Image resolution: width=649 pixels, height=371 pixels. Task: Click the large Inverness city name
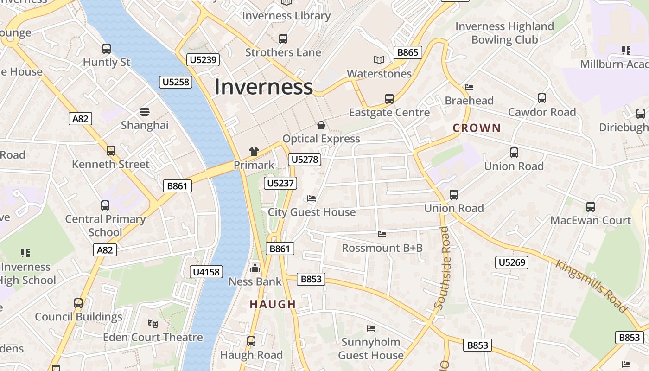point(263,87)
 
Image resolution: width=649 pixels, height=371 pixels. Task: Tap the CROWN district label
point(477,128)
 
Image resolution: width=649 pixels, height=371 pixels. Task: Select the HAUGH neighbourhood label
point(273,304)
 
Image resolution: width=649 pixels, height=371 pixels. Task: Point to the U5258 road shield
point(176,82)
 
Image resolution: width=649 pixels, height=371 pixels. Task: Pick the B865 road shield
point(408,52)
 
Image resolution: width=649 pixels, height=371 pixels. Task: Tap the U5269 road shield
point(512,262)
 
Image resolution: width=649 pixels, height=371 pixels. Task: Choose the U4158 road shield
point(206,272)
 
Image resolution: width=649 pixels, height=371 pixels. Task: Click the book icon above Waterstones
point(379,60)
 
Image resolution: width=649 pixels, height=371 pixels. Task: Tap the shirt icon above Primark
point(254,151)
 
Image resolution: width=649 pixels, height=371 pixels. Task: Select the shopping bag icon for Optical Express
point(321,125)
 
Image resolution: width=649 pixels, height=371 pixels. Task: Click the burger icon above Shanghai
point(145,112)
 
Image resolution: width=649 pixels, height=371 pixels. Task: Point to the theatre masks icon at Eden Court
point(153,323)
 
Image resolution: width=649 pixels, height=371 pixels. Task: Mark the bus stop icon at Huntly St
point(107,48)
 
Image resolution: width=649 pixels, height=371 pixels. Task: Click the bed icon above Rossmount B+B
point(382,234)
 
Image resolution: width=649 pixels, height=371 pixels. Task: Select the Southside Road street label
point(443,268)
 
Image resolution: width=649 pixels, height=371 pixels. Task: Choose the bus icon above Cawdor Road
point(542,98)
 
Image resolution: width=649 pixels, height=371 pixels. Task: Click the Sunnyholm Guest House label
point(370,349)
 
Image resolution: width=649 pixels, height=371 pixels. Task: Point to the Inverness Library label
point(286,16)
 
